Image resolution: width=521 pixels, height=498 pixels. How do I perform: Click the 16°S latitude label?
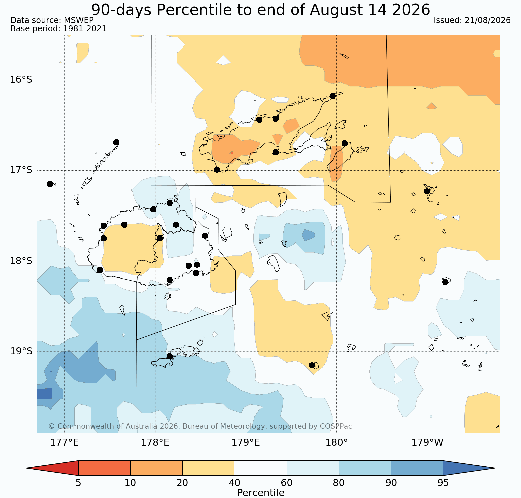(21, 80)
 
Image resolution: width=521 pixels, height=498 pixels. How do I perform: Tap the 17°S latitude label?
(21, 170)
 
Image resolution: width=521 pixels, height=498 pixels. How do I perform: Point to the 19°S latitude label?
(21, 351)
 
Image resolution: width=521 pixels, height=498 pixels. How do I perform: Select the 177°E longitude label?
(64, 443)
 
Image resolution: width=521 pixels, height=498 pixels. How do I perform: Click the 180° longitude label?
(336, 443)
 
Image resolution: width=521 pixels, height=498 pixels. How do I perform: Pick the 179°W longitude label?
(427, 443)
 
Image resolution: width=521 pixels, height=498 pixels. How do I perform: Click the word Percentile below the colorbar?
(261, 493)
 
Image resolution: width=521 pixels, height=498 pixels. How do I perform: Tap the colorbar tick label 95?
(443, 483)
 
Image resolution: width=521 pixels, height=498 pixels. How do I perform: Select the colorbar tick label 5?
(78, 483)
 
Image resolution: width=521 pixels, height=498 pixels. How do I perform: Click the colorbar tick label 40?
(235, 483)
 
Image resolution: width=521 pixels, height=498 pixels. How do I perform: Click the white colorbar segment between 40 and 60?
(261, 468)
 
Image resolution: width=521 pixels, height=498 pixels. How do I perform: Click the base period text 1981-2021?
(85, 29)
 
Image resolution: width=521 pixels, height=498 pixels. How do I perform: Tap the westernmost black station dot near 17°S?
(50, 184)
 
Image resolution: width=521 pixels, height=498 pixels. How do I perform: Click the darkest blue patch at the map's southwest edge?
(45, 394)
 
